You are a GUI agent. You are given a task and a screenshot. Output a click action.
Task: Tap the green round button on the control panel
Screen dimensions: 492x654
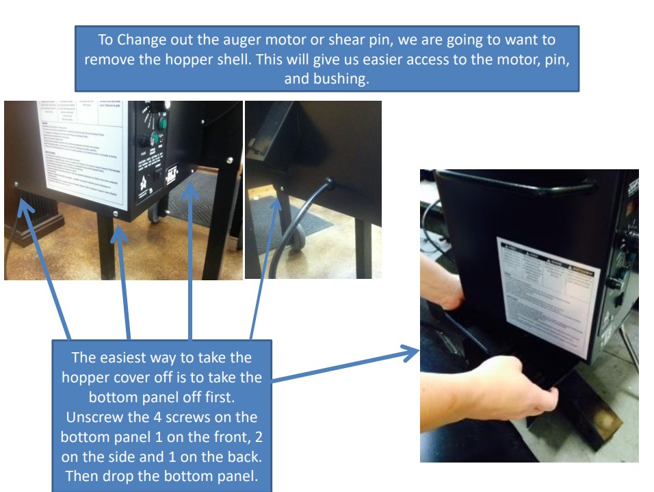(163, 123)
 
